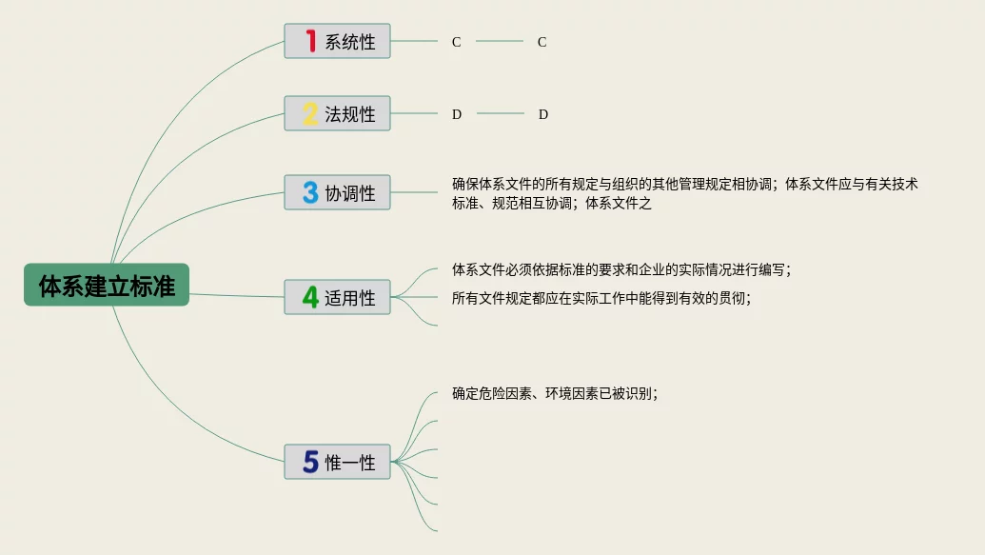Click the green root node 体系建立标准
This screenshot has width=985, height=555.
pos(107,285)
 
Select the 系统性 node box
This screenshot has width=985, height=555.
pos(337,42)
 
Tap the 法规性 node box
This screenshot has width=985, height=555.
pos(337,114)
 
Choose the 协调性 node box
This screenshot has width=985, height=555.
pos(337,192)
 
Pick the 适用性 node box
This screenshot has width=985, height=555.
pos(337,297)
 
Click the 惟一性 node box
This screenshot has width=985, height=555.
pos(337,463)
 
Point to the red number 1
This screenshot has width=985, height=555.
pos(310,41)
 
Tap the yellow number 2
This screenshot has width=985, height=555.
pos(310,114)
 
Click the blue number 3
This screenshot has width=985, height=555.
pos(310,192)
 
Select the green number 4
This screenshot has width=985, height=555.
pos(310,297)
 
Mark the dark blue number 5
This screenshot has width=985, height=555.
pos(310,463)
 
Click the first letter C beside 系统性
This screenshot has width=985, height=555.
pos(457,42)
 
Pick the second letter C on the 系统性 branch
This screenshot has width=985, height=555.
pos(542,42)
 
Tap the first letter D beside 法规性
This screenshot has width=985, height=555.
pos(457,114)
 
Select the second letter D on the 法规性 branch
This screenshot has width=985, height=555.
pos(543,114)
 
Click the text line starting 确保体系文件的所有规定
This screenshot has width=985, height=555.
pos(684,185)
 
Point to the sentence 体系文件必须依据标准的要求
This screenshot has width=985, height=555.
pos(621,269)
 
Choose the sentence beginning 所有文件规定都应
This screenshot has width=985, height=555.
pos(601,298)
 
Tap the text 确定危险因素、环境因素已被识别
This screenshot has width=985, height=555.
pos(555,393)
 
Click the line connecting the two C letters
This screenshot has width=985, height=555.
pos(500,42)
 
